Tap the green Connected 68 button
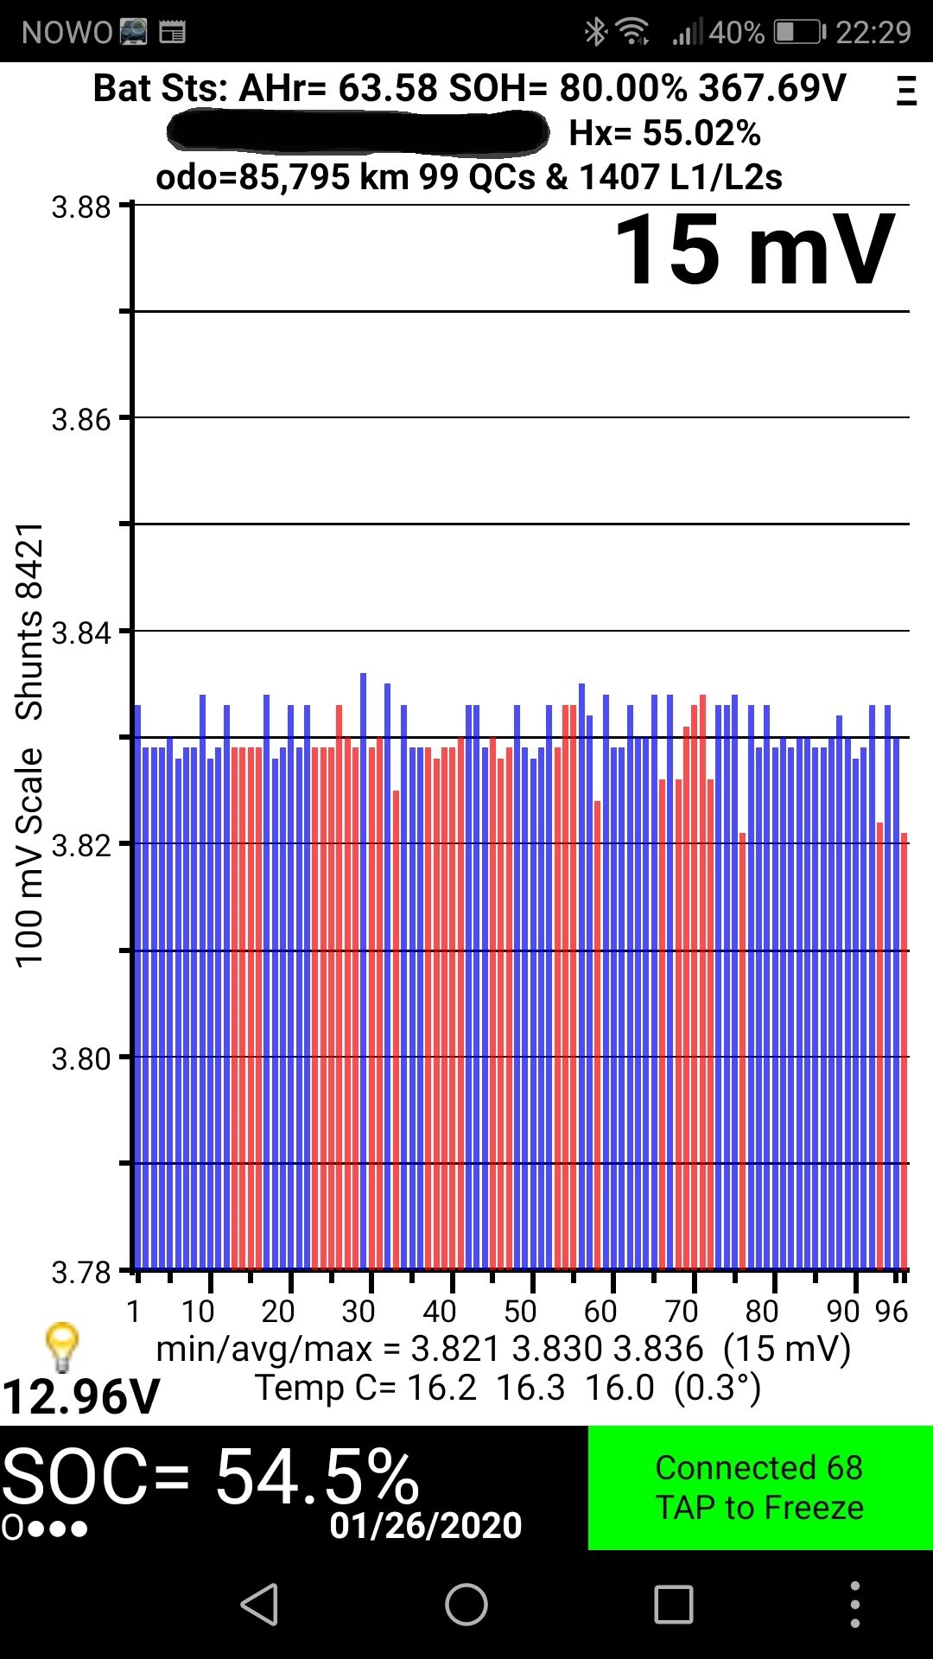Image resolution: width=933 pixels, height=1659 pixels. tap(759, 1487)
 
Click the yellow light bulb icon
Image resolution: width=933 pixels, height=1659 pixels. tap(62, 1346)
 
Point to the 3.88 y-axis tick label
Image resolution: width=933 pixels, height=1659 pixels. tap(81, 208)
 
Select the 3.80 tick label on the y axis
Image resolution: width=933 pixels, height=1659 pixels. tap(81, 1058)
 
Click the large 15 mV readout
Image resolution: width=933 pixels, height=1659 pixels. tap(753, 251)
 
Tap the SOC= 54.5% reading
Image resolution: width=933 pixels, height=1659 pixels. tap(211, 1477)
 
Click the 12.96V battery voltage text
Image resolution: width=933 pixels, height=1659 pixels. tap(81, 1396)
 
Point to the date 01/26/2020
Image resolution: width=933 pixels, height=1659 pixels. tap(426, 1526)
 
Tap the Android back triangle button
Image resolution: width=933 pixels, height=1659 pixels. tap(259, 1605)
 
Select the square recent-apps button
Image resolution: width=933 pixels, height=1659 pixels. tap(673, 1605)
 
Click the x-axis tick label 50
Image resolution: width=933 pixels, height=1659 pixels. tap(520, 1312)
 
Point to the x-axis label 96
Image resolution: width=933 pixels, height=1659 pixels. tap(891, 1312)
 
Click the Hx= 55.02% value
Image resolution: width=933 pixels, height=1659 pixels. tap(664, 134)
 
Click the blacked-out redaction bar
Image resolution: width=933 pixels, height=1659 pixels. tap(358, 132)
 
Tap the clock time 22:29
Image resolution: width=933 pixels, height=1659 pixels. tap(873, 33)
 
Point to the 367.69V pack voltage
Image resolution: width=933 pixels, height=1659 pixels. tap(772, 88)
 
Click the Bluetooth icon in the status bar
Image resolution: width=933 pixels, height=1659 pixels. tap(595, 33)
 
